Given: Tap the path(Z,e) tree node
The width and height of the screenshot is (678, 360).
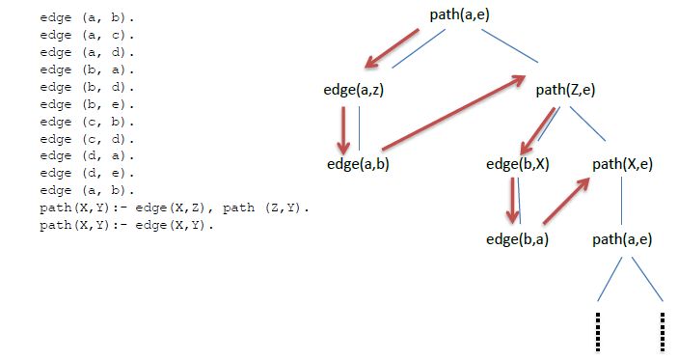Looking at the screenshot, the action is [x=565, y=90].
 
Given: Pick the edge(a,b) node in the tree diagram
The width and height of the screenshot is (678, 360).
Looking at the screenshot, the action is [x=358, y=163].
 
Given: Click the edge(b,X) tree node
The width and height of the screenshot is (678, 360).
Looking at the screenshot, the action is [x=518, y=163].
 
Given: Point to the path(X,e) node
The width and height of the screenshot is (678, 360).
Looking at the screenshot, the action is [x=622, y=163].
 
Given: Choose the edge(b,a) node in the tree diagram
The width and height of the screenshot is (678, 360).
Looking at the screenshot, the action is [x=518, y=237].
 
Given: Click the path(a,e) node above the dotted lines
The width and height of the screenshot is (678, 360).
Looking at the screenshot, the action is [x=622, y=237].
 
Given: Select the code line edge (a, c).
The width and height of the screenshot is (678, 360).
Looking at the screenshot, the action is [x=88, y=35].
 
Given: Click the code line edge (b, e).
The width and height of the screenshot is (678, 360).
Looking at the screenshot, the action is [x=88, y=104].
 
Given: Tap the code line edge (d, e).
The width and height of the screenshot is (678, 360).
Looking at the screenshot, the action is [x=88, y=174].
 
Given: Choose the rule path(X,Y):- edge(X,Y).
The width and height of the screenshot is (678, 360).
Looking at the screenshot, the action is [x=125, y=226].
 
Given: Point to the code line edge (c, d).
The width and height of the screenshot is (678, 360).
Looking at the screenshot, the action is [x=88, y=139].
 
